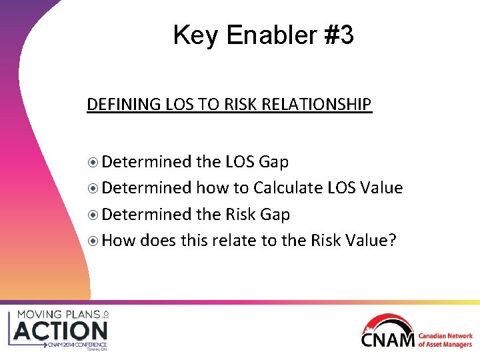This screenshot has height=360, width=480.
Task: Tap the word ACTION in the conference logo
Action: coord(61,330)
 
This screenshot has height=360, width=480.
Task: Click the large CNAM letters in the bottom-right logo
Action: coord(389,339)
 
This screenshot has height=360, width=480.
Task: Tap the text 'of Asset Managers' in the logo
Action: coord(445,345)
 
